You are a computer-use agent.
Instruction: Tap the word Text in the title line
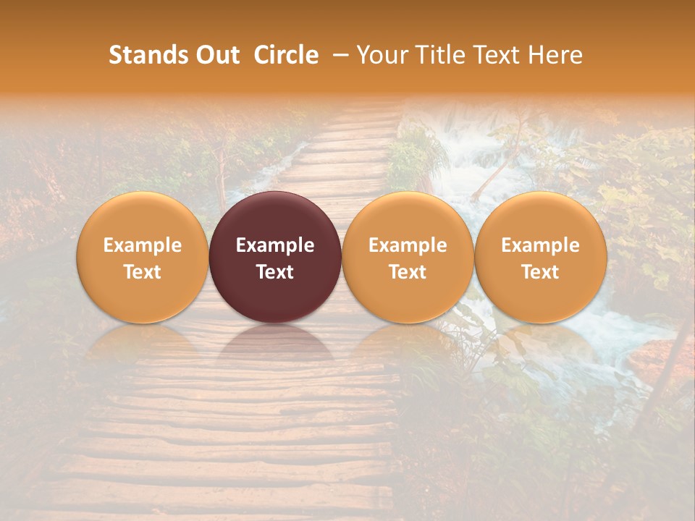499,55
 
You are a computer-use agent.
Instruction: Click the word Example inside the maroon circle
275,245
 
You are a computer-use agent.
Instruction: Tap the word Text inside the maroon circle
275,272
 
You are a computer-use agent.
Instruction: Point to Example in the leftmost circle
142,245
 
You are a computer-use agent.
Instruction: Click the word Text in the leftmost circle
142,272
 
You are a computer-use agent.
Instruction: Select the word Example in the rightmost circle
541,245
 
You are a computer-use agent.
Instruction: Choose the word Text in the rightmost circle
541,272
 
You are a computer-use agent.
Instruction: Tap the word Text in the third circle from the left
408,272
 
